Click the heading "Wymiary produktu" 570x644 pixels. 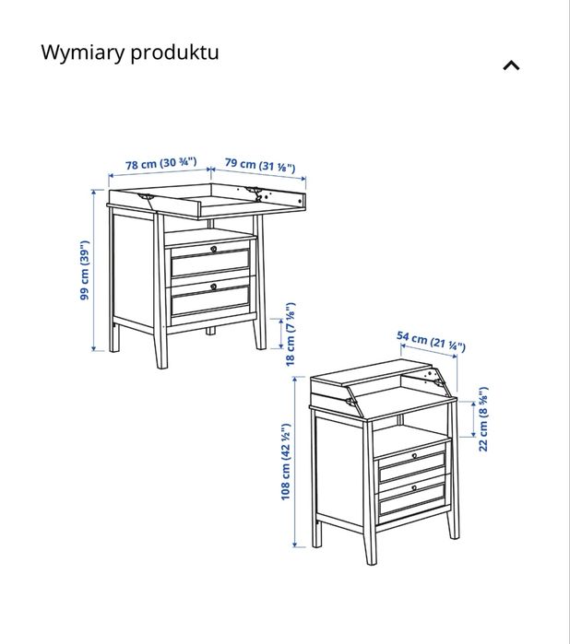[130, 52]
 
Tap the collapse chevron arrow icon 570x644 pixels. [511, 65]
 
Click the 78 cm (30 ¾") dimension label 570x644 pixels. [161, 164]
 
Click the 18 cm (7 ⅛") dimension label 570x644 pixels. [291, 334]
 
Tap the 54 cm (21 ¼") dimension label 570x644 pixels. [431, 341]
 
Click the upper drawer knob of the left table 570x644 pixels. [213, 249]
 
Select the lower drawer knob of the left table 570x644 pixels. [213, 286]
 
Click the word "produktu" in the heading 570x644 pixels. [174, 52]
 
